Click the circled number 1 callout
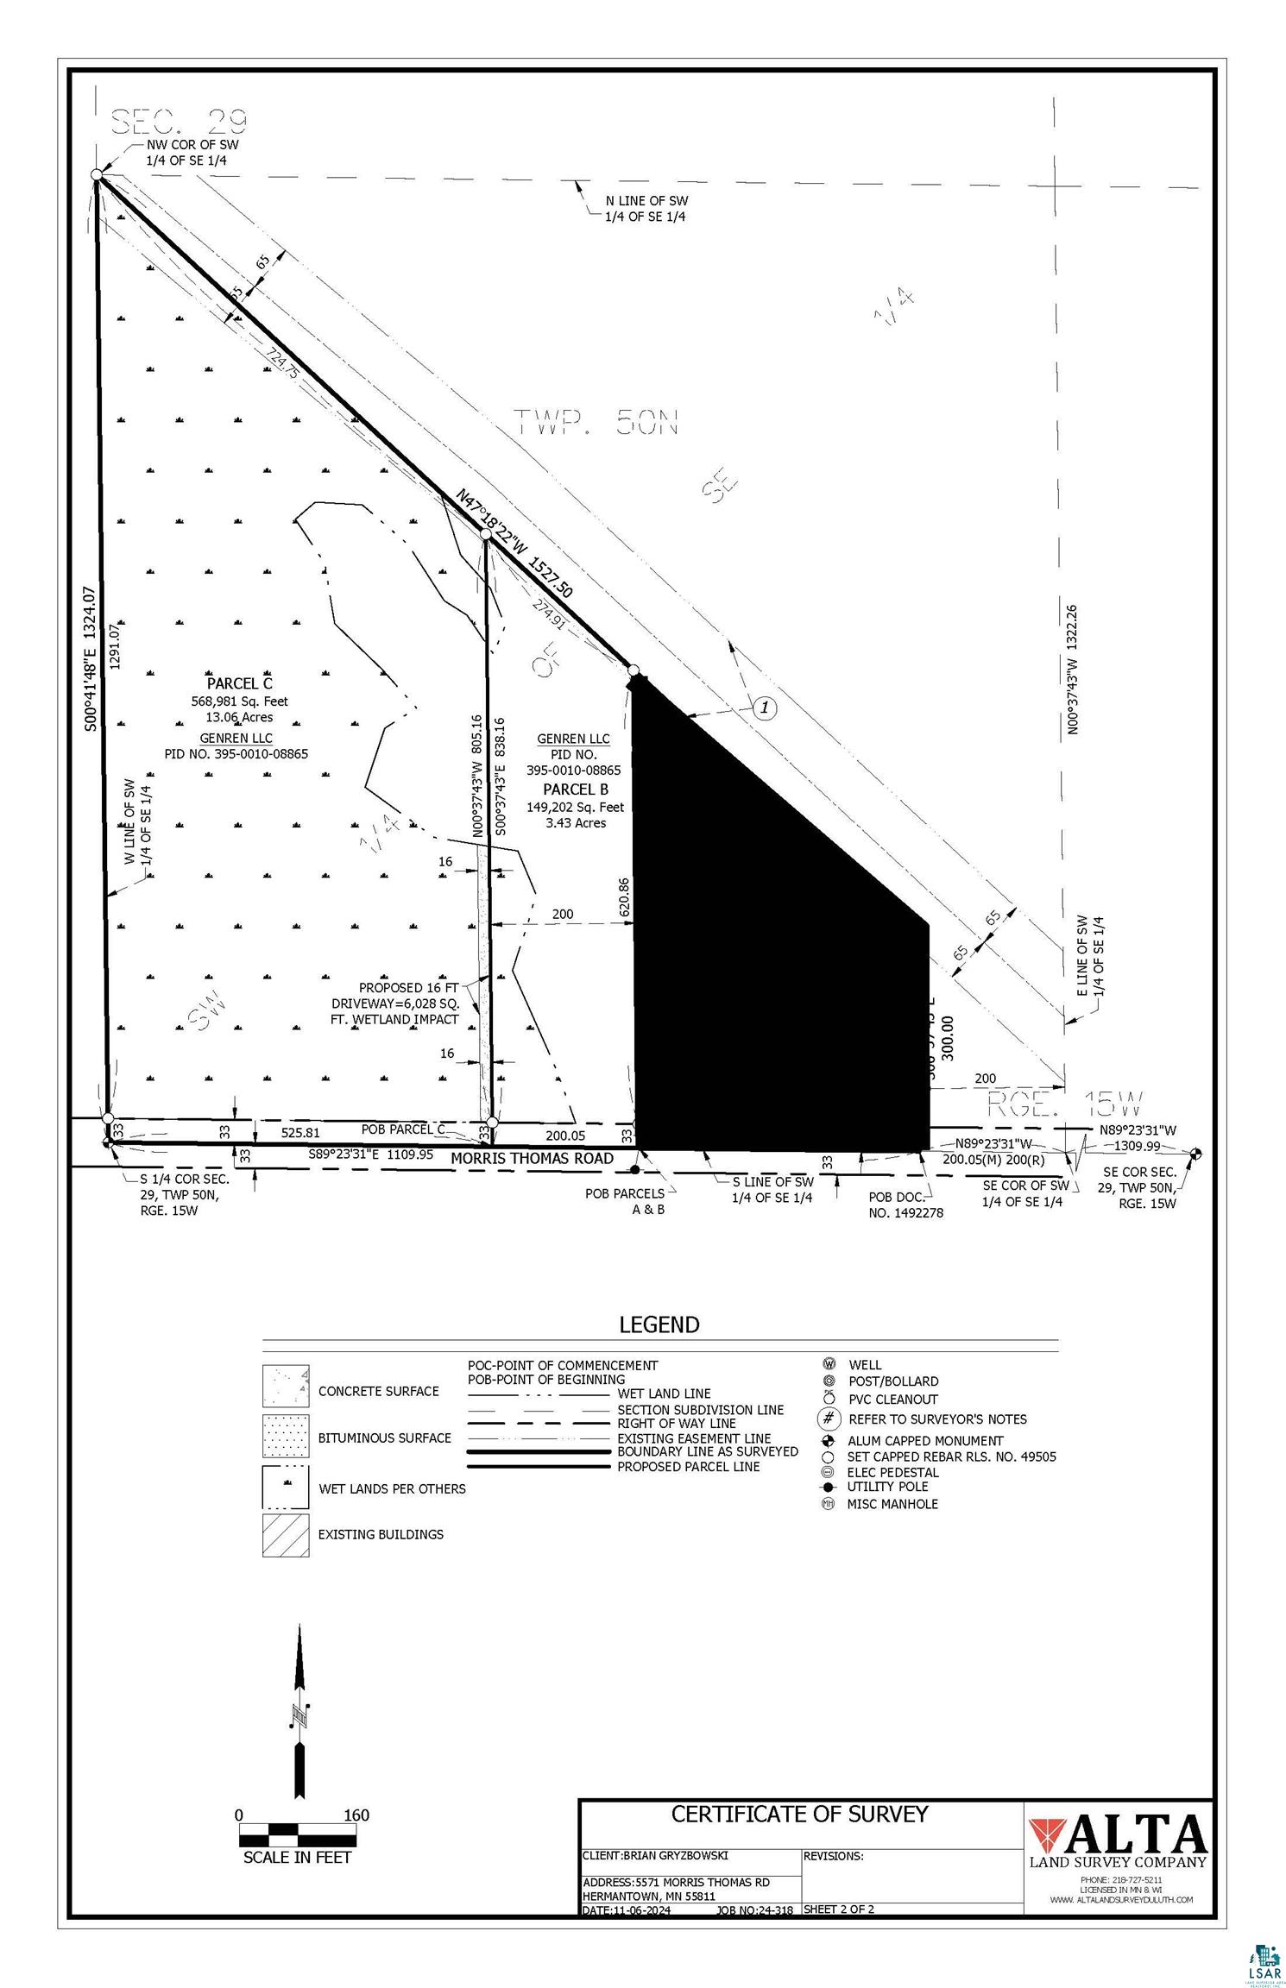[765, 708]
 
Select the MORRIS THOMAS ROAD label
[532, 1158]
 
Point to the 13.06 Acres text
[239, 717]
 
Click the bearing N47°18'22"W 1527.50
[515, 544]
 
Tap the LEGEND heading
[659, 1324]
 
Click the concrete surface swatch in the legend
[286, 1387]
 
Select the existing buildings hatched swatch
[286, 1534]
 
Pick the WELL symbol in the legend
[829, 1364]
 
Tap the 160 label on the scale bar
[356, 1815]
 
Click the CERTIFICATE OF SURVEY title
[799, 1815]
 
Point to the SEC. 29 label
[180, 122]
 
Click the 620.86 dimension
[624, 897]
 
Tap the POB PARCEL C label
[402, 1129]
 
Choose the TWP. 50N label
[596, 423]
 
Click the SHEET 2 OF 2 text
[838, 1909]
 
